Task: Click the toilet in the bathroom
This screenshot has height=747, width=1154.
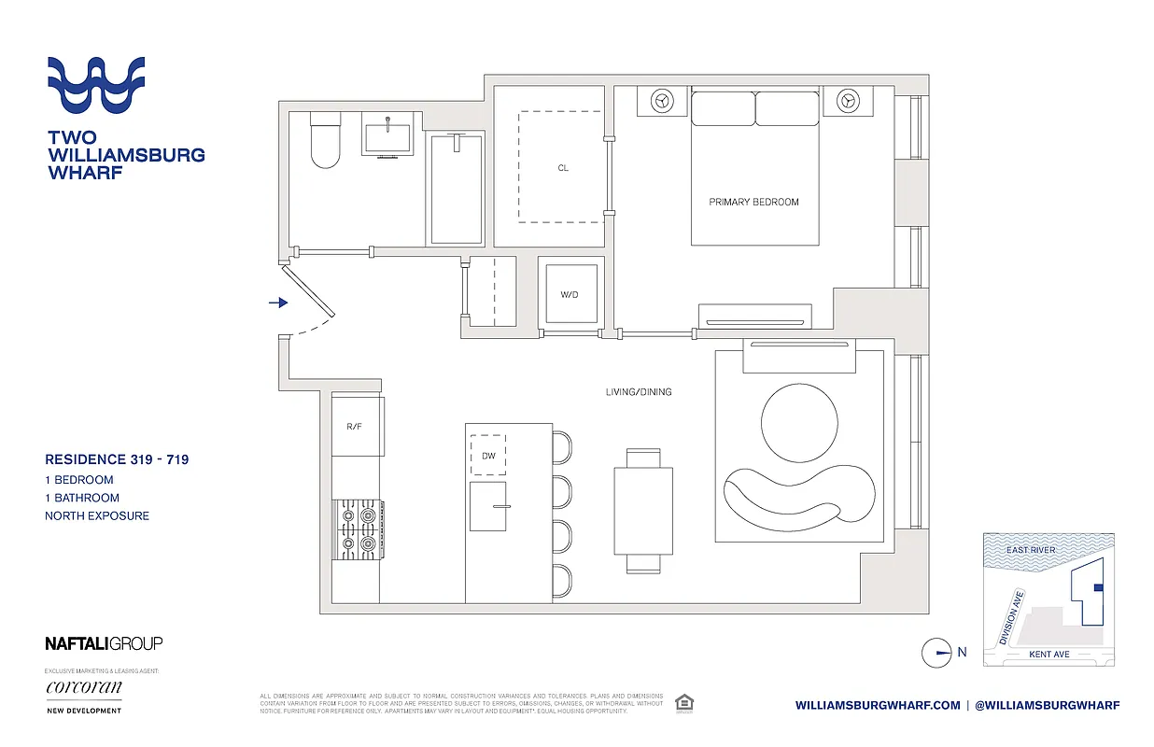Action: click(325, 142)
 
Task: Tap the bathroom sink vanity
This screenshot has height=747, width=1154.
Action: click(387, 137)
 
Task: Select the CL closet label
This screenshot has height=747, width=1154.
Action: click(563, 168)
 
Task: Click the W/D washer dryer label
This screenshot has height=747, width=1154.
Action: click(570, 295)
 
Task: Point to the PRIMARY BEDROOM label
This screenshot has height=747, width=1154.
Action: click(753, 202)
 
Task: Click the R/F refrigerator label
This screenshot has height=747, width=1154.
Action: click(354, 427)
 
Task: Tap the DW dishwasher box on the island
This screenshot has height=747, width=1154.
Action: click(488, 457)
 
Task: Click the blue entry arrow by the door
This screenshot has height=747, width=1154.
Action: click(278, 303)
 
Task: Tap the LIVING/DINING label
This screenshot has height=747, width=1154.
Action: click(638, 392)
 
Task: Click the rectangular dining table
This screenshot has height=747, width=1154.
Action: click(643, 511)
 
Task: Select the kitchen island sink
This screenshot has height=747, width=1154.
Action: click(488, 506)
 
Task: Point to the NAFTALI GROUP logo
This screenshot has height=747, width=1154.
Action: click(104, 642)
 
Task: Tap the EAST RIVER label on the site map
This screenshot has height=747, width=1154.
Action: click(1031, 550)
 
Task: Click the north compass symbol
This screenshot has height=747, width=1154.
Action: click(936, 653)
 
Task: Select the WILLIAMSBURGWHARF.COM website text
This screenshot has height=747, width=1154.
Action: click(878, 706)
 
